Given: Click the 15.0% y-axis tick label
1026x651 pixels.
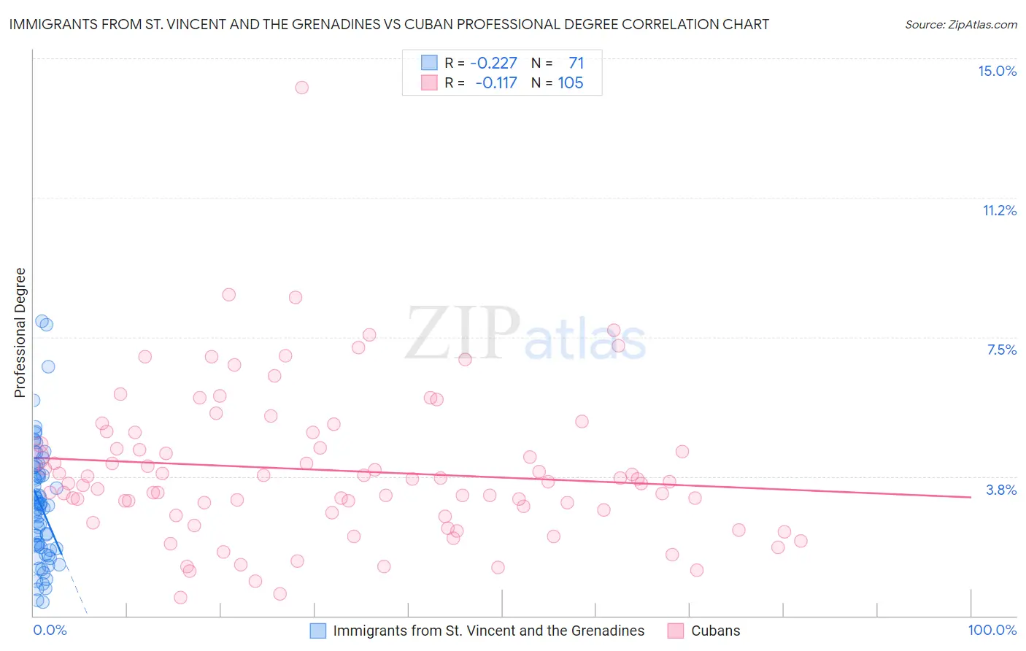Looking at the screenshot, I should coord(997,71).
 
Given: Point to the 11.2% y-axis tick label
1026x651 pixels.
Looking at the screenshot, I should coord(999,210).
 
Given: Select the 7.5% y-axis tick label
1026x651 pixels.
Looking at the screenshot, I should coord(1001,350).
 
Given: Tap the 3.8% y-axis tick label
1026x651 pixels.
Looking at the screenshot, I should coord(1001,490).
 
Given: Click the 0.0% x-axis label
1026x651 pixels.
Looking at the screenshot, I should coord(50,630).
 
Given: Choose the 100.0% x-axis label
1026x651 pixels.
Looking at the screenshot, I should coord(992,630).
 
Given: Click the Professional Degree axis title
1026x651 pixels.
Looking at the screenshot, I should coord(20,333).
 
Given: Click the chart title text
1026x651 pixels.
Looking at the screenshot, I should coord(389,24).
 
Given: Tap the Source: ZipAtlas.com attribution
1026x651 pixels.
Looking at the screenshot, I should coord(960,24).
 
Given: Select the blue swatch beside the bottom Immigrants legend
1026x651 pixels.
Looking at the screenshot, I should coord(317,631).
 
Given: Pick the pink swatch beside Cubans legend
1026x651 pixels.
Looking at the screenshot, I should coord(676,631).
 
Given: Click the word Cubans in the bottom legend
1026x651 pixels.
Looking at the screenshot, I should coord(715,631).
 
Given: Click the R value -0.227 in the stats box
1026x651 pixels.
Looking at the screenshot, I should coord(493,63).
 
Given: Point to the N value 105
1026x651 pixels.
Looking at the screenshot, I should coord(571,82).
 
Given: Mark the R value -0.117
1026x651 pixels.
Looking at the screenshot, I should coord(495,82).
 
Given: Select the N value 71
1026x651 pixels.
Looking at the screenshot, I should coord(576,63).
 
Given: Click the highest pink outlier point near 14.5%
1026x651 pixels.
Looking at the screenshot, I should coord(301,88).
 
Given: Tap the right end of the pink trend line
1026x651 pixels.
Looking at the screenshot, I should coord(971,497).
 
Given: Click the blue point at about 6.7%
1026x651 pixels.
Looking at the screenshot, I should coord(48,366).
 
